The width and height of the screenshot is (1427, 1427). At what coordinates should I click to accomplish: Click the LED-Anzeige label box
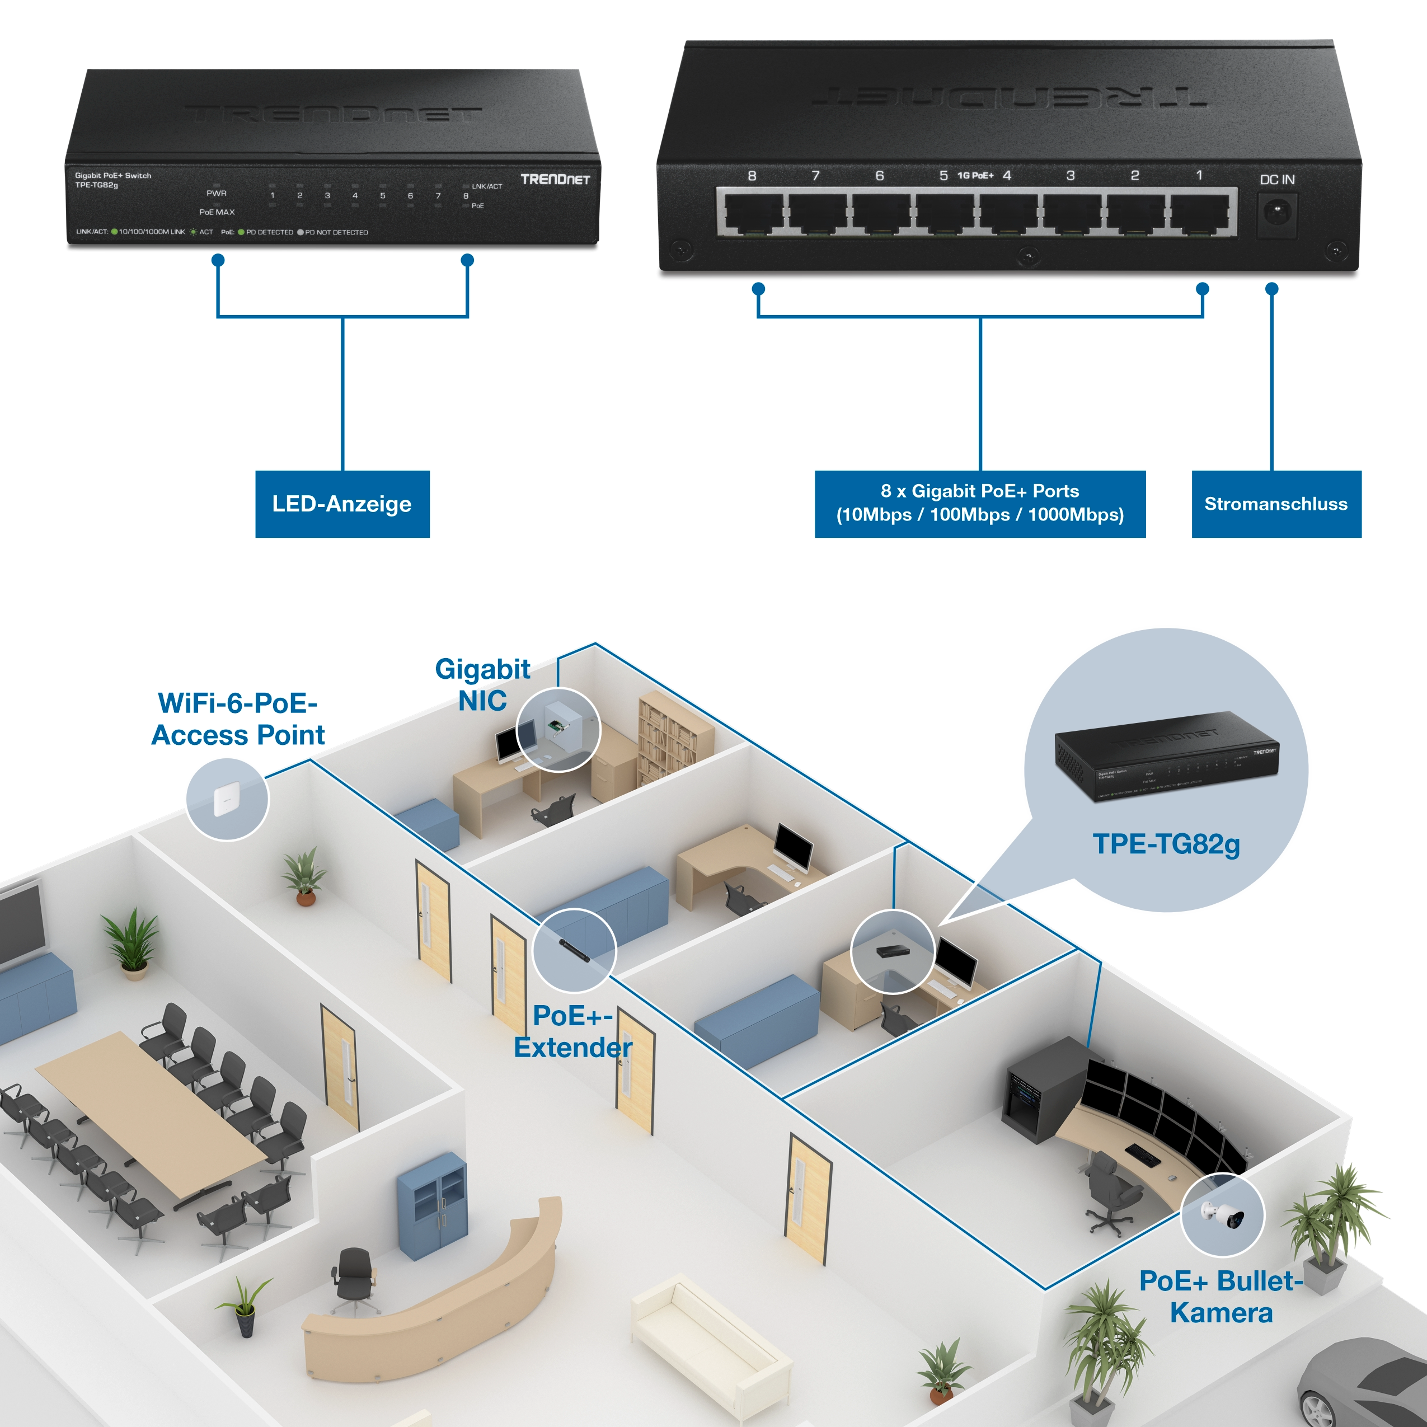click(x=342, y=504)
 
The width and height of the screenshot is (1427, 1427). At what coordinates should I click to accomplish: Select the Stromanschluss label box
click(x=1275, y=504)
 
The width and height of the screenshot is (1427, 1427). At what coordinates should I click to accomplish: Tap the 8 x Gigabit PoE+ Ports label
click(x=979, y=504)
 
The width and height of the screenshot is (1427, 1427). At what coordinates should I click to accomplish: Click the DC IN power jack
click(x=1277, y=215)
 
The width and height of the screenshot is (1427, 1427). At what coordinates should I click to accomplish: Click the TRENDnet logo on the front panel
click(x=555, y=180)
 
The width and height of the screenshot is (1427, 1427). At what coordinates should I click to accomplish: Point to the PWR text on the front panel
click(x=217, y=194)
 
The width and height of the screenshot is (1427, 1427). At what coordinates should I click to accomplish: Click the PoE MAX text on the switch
click(x=217, y=212)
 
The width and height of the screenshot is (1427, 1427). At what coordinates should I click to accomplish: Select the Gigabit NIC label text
click(x=482, y=685)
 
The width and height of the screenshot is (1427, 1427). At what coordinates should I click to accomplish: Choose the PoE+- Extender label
click(x=572, y=1031)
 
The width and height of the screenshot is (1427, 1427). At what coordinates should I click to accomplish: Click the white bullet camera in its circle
click(x=1222, y=1215)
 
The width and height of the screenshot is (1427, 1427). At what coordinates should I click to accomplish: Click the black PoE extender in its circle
click(x=574, y=951)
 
